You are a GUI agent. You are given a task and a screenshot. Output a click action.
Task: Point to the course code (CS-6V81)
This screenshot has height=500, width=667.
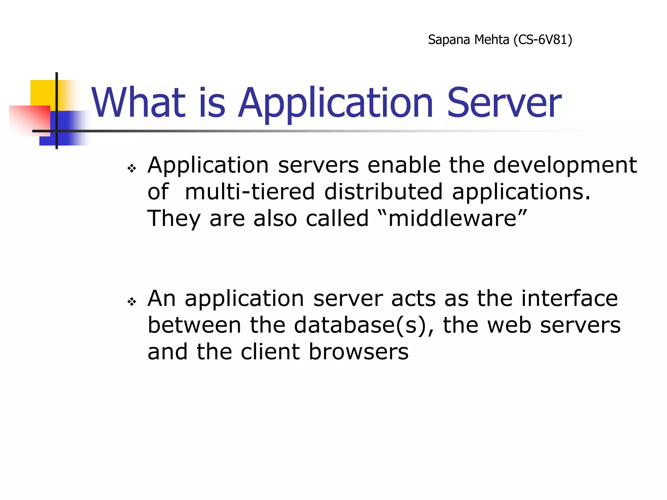coord(543,40)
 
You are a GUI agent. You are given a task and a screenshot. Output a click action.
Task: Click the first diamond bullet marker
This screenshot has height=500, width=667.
coord(132,168)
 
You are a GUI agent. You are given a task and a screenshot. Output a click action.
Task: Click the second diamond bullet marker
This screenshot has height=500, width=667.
coord(132,302)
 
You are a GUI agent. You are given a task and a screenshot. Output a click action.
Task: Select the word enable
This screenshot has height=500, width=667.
coord(404,165)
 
